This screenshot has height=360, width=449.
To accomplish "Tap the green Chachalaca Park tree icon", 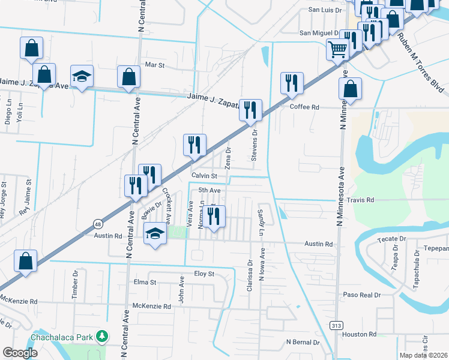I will click(103, 336).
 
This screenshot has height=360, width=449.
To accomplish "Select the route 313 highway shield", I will click(336, 325).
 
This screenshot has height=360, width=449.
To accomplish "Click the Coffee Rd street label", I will click(304, 107).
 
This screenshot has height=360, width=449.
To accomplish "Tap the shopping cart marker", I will click(338, 49).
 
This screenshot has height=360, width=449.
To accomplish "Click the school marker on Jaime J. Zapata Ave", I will click(82, 76).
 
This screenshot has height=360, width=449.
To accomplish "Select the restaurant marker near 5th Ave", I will click(214, 217).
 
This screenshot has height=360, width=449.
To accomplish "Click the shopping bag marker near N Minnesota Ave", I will click(350, 89).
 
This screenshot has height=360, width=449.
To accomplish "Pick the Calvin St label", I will click(203, 175).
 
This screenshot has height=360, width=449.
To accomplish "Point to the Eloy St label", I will click(203, 274).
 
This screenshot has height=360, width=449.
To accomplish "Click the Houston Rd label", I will click(364, 334).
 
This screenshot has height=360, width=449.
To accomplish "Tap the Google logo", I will click(20, 353).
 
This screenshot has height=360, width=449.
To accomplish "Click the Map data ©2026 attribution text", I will click(423, 355).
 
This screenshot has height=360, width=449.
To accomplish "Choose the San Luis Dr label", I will click(324, 10).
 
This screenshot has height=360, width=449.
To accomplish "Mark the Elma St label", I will click(145, 282).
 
